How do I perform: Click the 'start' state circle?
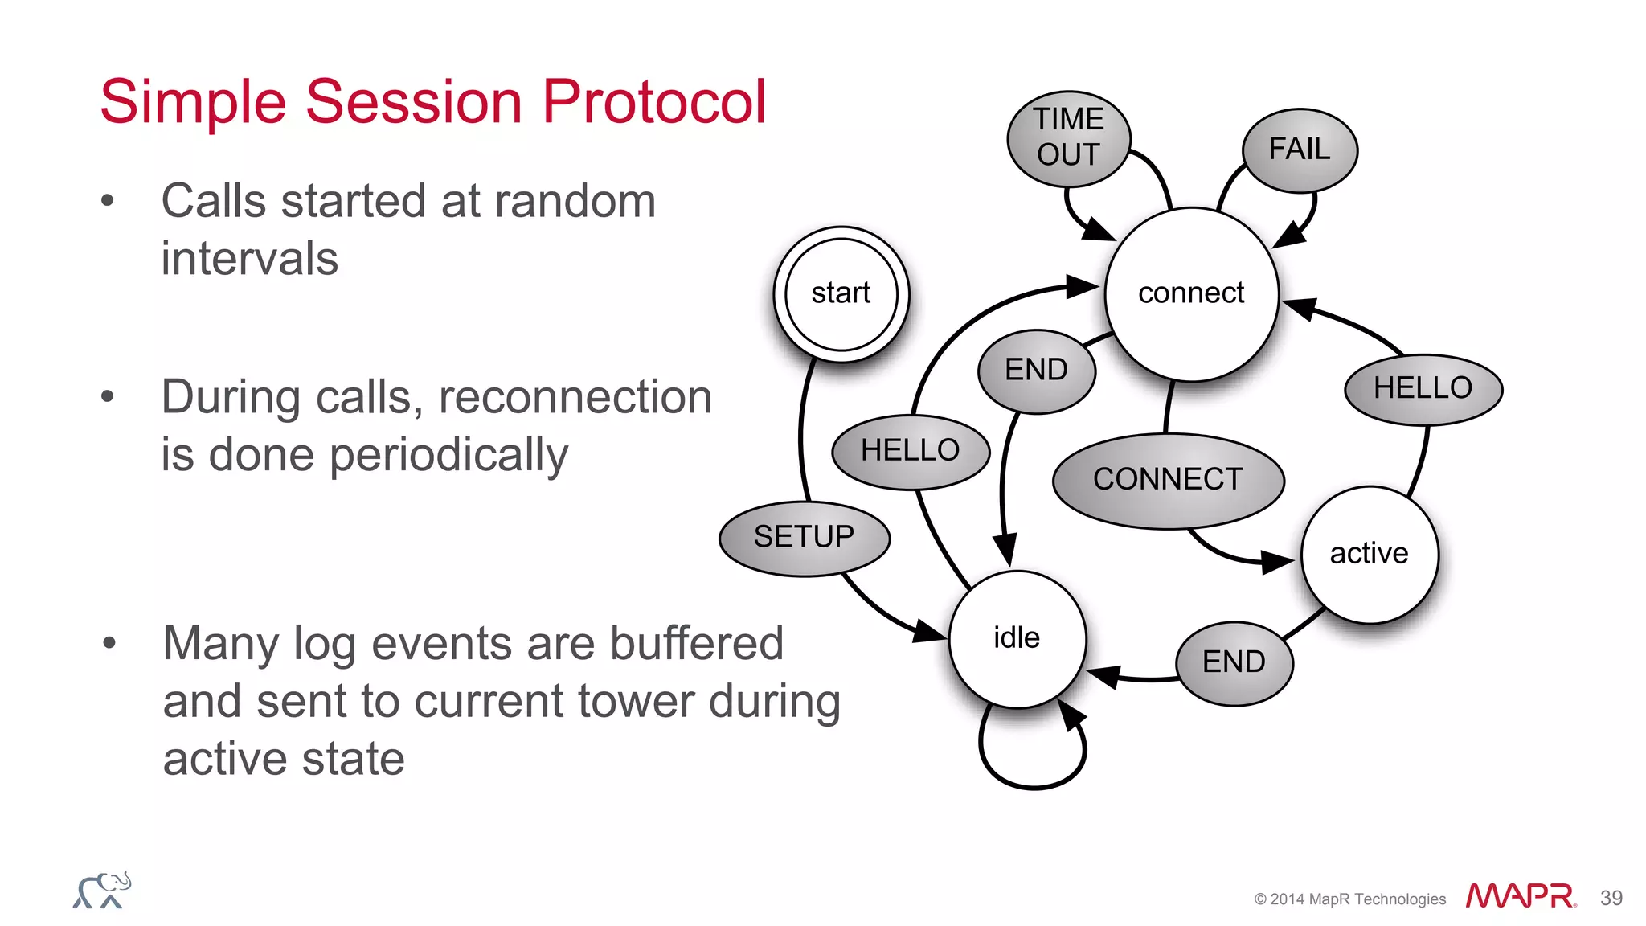pos(841,293)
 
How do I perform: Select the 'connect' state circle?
pos(1191,293)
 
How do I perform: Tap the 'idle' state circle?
pos(1017,638)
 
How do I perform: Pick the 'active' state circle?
pos(1369,554)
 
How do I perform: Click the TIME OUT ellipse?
pos(1068,138)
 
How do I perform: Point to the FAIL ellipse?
pos(1299,150)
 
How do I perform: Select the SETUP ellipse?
pos(804,537)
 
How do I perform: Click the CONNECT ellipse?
pos(1168,480)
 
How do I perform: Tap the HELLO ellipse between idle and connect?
pos(910,451)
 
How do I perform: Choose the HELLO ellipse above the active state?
pos(1423,388)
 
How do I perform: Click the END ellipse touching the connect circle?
pos(1036,371)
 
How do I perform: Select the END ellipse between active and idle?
pos(1234,662)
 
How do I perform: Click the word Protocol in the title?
pos(654,102)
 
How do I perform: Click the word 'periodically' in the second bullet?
pos(448,455)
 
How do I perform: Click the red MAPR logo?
pos(1520,896)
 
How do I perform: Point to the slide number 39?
pos(1611,898)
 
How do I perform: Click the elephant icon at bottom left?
pos(102,891)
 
